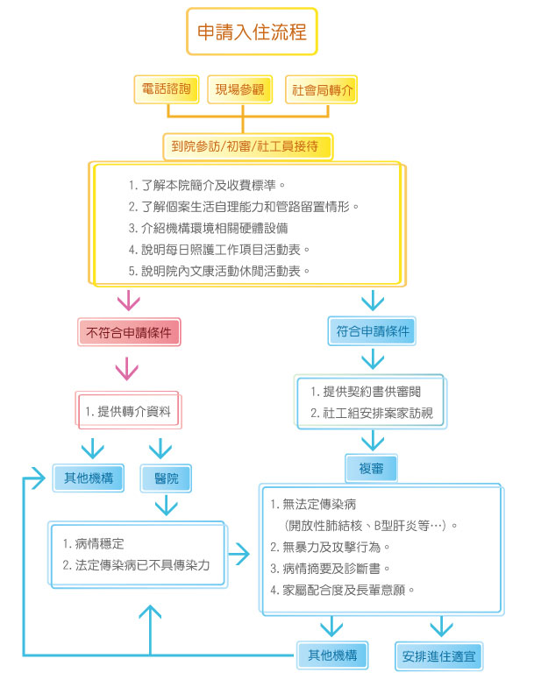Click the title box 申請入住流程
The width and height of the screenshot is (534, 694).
252,33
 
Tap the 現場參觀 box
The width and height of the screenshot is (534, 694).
240,90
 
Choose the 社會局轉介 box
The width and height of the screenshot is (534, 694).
322,90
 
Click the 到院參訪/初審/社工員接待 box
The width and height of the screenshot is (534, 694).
247,145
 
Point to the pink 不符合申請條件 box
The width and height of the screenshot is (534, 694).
129,332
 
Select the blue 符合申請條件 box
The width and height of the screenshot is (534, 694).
374,331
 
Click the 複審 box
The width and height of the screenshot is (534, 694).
372,469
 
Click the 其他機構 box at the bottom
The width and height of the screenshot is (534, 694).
331,654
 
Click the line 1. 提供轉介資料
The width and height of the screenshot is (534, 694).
129,411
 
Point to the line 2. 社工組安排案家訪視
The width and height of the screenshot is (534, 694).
372,413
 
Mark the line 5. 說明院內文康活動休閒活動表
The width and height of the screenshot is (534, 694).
219,271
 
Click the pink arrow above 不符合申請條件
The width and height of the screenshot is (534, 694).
129,301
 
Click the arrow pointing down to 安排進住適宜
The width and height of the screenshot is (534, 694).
442,625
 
